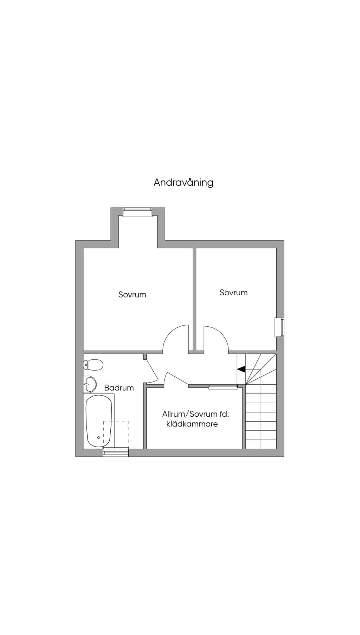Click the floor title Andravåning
pos(183,182)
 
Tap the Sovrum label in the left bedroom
pos(132,295)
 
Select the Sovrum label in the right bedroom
pos(233,293)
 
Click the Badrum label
pos(119,388)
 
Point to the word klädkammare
pos(192,424)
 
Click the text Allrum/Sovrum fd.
pos(195,414)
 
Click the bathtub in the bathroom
pos(99,421)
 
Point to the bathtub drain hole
pos(99,437)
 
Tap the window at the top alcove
pos(137,212)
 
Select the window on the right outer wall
pos(280,327)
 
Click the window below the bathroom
pos(116,453)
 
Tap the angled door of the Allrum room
pos(177,379)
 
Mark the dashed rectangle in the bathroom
pos(116,435)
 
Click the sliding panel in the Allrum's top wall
pos(223,387)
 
